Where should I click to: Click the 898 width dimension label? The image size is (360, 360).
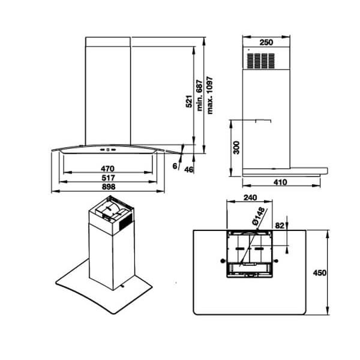pos(108,187)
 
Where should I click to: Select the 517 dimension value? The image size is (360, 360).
pos(108,178)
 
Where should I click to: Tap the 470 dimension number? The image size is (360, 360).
pos(108,169)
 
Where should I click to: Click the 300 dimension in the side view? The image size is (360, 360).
pos(236,147)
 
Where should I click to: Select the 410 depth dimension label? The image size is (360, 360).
pos(280,182)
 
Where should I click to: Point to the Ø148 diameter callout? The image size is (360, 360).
pos(259,217)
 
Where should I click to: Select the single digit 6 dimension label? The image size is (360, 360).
pos(174,165)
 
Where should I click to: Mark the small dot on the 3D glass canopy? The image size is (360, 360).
pos(121,287)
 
